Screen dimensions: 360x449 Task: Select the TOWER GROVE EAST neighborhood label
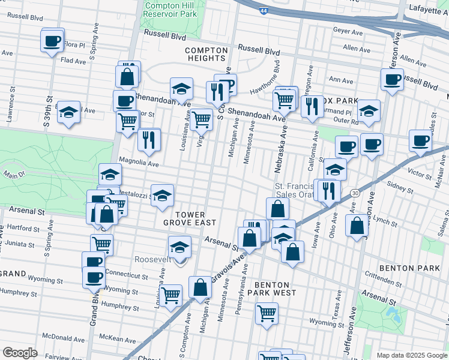point(190,218)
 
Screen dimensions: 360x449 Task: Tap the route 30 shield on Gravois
point(355,193)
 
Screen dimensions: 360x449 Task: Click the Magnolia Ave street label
point(139,162)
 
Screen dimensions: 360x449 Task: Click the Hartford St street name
point(22,228)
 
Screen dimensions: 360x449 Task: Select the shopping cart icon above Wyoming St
point(267,312)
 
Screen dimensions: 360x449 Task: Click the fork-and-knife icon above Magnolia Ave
point(148,139)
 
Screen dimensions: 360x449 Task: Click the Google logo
point(20,352)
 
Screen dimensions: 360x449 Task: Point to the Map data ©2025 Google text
point(411,355)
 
